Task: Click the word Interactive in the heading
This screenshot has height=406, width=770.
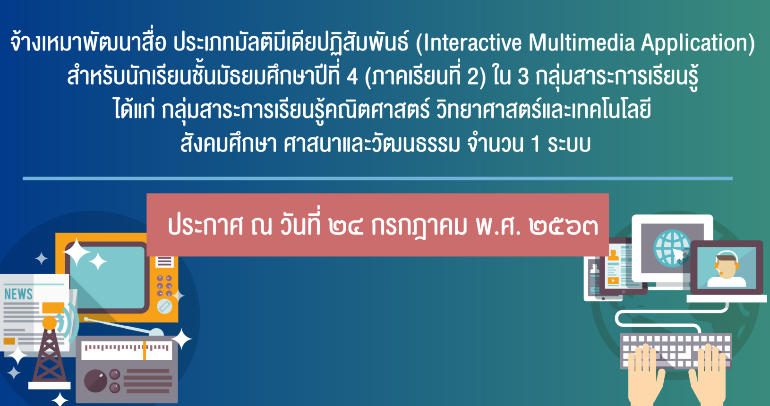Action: point(471,42)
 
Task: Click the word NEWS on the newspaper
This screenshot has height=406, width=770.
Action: point(18,294)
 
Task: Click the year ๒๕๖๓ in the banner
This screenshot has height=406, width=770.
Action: point(564,227)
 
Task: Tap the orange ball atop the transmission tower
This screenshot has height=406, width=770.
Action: point(49,323)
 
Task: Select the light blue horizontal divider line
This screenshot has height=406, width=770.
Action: point(378,178)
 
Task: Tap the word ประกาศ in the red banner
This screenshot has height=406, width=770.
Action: point(205,226)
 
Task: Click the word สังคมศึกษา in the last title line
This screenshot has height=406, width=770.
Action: point(229,143)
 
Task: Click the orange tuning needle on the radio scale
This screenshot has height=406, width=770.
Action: point(145,350)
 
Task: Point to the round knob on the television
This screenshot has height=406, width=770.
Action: point(164,306)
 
